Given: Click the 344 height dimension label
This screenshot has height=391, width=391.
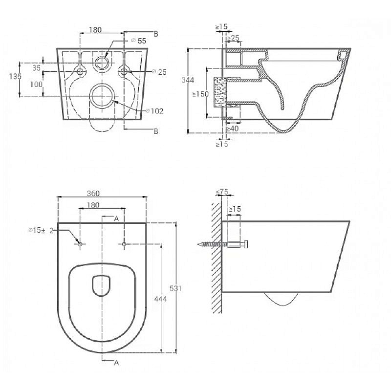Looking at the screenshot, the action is coord(188,80).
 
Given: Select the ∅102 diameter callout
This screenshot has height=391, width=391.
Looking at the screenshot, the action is coord(154,111).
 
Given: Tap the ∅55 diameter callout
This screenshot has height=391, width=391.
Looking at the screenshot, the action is coord(139,41).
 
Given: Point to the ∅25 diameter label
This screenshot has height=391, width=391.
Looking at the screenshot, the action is coord(159,72).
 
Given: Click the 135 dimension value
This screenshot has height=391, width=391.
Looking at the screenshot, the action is coord(15,76).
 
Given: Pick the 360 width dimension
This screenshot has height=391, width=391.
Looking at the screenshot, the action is coord(93,193).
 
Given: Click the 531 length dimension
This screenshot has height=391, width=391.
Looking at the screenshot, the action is coord(175,288).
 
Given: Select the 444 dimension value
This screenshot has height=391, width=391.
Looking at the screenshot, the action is coord(160,299).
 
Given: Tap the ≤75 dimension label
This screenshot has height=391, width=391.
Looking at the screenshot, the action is coord(222,192).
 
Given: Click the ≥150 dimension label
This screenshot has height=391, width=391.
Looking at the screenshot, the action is coord(200,94).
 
